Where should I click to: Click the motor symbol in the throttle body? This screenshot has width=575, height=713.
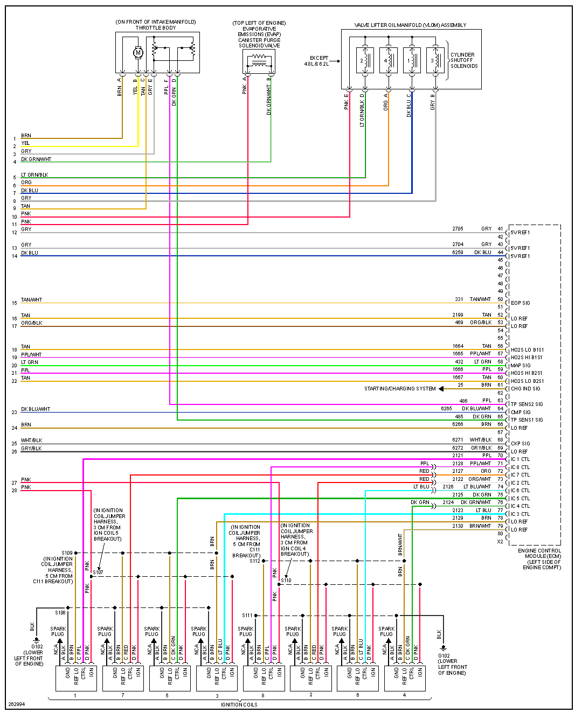pyautogui.click(x=138, y=52)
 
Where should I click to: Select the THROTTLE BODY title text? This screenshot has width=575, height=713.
pyautogui.click(x=156, y=28)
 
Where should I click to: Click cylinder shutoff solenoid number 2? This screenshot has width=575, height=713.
pyautogui.click(x=365, y=60)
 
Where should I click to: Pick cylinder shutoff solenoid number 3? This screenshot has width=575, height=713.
pyautogui.click(x=435, y=60)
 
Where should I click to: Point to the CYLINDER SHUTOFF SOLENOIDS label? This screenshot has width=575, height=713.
pyautogui.click(x=463, y=60)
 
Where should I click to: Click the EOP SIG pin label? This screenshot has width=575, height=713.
pyautogui.click(x=520, y=303)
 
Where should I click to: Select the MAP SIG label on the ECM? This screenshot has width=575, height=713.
pyautogui.click(x=521, y=366)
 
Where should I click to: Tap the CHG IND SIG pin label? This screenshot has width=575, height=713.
pyautogui.click(x=525, y=389)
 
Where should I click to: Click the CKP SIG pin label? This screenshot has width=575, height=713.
pyautogui.click(x=520, y=444)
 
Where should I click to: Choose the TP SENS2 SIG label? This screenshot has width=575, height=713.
pyautogui.click(x=526, y=404)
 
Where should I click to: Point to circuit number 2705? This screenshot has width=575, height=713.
pyautogui.click(x=458, y=229)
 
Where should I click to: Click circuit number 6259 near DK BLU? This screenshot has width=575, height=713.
pyautogui.click(x=458, y=252)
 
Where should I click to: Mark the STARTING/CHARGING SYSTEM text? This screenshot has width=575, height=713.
pyautogui.click(x=399, y=389)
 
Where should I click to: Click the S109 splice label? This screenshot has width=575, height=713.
pyautogui.click(x=67, y=553)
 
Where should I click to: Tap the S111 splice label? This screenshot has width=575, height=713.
pyautogui.click(x=247, y=615)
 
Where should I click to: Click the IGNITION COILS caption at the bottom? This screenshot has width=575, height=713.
pyautogui.click(x=239, y=704)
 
